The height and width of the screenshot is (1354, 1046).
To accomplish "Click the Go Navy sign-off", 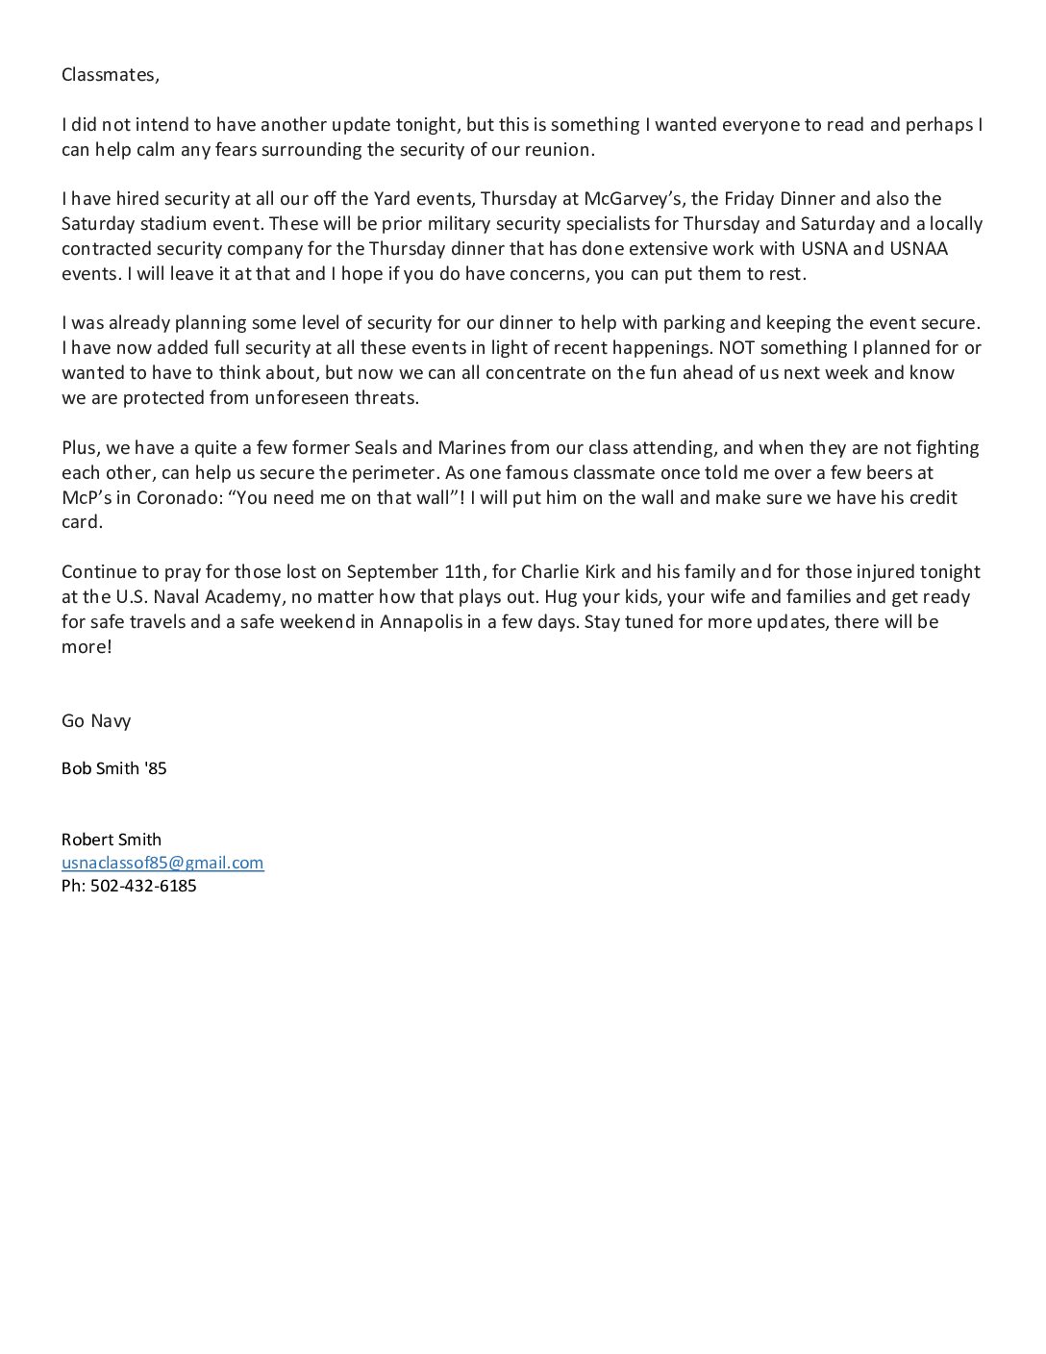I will (96, 720).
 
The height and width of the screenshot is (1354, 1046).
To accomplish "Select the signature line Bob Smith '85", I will (113, 768).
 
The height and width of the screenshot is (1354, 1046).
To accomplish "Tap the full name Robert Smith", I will (112, 839).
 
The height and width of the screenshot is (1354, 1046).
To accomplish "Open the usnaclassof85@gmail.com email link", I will (162, 863).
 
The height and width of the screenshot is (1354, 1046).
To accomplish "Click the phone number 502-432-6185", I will (143, 886).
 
